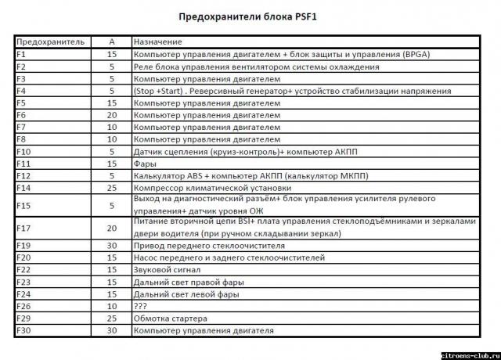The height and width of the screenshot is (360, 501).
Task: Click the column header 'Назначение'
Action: pos(157,41)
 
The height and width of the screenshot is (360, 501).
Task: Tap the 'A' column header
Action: pos(112,41)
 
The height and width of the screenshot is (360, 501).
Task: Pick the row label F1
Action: pos(21,54)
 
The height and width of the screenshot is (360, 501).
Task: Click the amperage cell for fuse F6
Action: pos(112,115)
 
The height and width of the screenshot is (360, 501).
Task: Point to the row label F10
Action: pos(23,151)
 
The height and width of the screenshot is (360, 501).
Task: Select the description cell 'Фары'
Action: pos(145,163)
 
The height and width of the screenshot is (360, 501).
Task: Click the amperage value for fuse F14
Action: pos(112,187)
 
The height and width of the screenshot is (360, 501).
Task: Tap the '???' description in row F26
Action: pos(142,306)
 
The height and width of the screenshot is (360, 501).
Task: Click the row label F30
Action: pos(23,330)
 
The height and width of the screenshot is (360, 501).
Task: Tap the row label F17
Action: pos(23,228)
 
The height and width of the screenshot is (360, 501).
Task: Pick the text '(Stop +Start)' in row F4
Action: pos(160,91)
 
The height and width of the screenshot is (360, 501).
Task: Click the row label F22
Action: pos(23,270)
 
